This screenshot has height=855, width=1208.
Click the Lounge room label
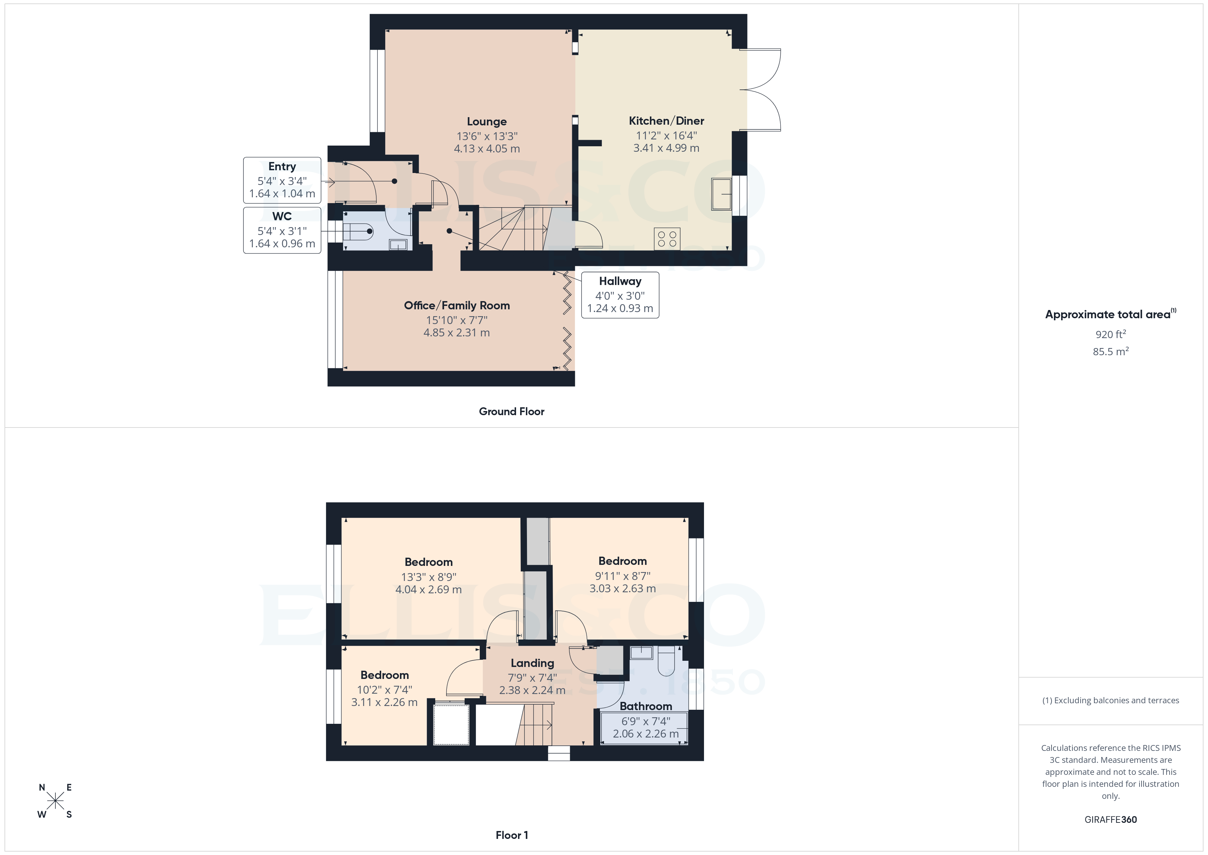click(x=487, y=122)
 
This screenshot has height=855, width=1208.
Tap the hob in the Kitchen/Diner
click(x=667, y=238)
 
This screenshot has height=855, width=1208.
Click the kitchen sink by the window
click(x=721, y=194)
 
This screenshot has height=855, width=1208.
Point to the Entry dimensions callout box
click(x=282, y=180)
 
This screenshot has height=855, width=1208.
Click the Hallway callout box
click(x=620, y=295)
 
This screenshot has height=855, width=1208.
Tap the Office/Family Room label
click(x=457, y=305)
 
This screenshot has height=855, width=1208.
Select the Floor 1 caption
click(x=512, y=835)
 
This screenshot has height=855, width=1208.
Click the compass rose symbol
click(x=55, y=801)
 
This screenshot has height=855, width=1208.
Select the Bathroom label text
click(x=645, y=706)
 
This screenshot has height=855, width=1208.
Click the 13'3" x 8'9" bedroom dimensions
click(x=428, y=577)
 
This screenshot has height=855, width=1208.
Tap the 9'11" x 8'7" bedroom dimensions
click(x=622, y=575)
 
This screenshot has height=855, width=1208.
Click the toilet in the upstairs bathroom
click(x=666, y=661)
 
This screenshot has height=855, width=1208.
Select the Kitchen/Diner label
click(x=666, y=121)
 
